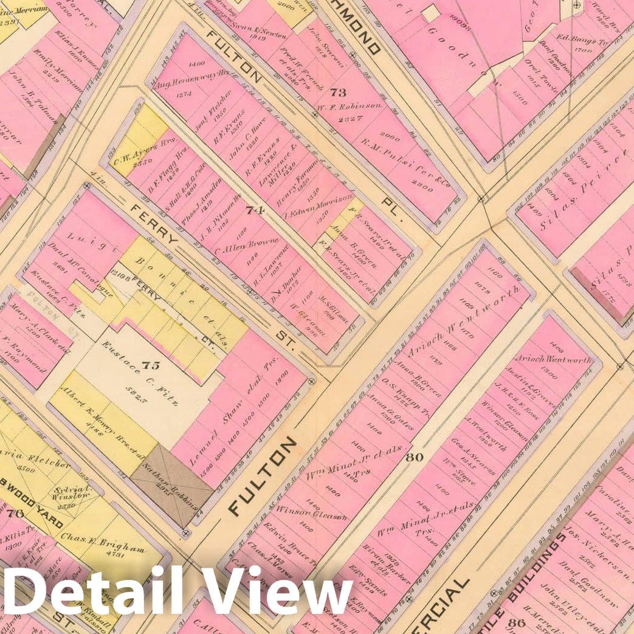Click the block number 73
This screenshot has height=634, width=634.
point(338,92)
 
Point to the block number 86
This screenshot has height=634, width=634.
point(518,622)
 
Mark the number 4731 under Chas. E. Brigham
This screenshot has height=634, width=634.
point(111,554)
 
